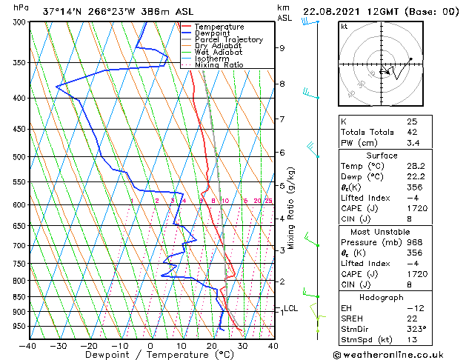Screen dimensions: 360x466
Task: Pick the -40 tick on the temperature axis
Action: coord(28,345)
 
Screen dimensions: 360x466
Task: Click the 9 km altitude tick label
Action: coord(282,48)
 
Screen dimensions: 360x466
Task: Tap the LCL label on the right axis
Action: coord(290,308)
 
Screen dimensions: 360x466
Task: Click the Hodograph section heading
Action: coord(382,297)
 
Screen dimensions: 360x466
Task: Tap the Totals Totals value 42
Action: coord(412,132)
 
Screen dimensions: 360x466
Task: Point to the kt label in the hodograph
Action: coord(344,27)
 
